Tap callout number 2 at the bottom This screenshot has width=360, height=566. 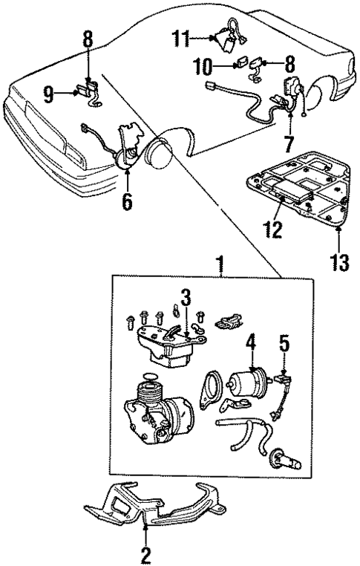coord(145,553)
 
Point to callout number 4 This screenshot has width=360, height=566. coord(251,342)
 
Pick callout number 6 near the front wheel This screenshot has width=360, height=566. coord(127,201)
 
